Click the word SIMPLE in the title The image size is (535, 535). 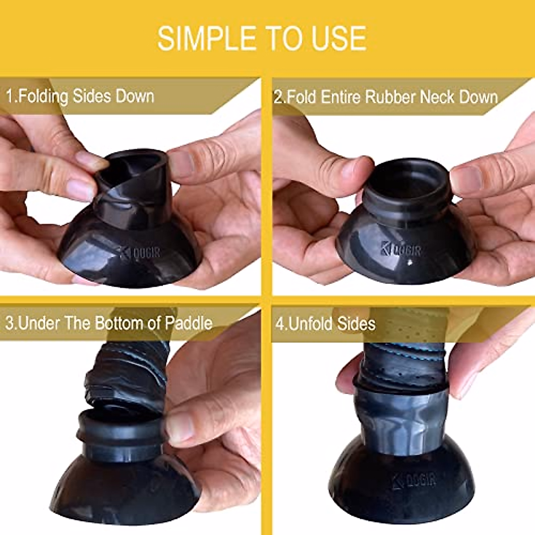pos(205,38)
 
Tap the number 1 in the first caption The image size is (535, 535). pos(10,96)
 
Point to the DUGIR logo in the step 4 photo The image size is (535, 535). pos(414,481)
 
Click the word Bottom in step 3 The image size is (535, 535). pos(123,323)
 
